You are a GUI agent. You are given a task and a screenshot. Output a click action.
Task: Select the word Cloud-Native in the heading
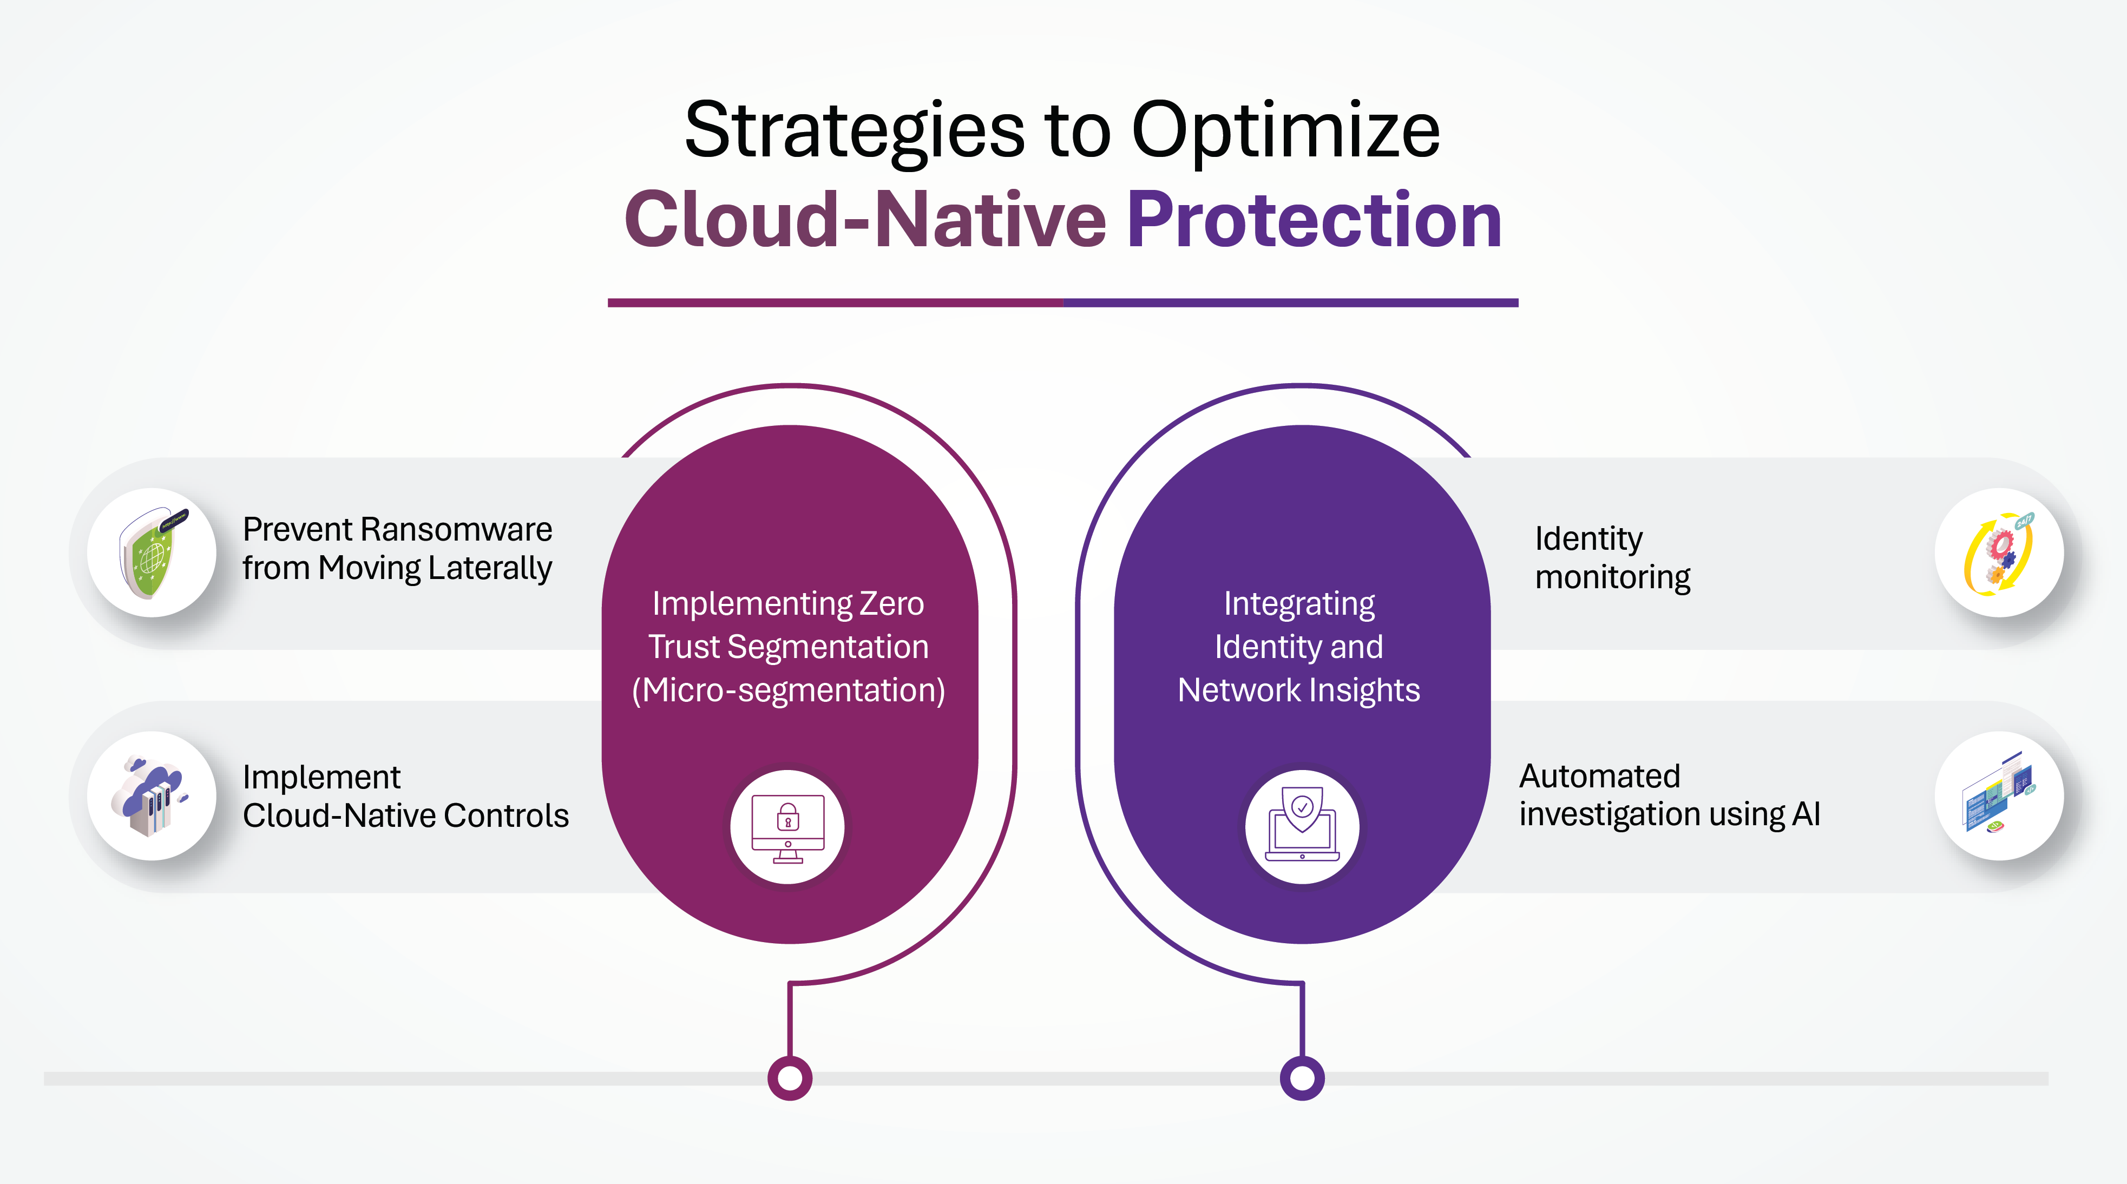(x=864, y=218)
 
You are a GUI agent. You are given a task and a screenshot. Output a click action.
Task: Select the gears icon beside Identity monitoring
(x=1999, y=552)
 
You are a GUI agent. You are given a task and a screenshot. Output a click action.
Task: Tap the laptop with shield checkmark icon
(x=1302, y=826)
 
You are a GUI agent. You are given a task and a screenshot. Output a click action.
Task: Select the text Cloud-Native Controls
(x=405, y=815)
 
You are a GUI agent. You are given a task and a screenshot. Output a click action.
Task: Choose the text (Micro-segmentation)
(x=789, y=690)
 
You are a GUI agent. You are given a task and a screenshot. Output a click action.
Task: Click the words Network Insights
(x=1299, y=690)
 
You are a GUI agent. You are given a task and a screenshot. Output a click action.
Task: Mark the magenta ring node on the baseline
(x=790, y=1077)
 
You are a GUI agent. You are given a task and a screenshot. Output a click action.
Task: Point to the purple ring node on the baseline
(x=1302, y=1077)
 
